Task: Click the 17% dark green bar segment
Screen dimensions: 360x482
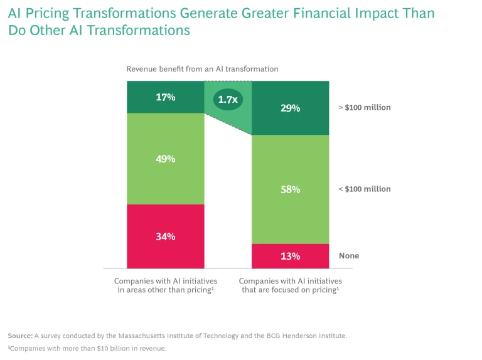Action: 166,97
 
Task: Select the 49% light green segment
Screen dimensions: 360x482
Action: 166,159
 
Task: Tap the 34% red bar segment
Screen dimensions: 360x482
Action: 166,236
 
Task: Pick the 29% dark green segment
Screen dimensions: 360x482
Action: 291,108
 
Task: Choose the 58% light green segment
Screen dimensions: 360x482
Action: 291,189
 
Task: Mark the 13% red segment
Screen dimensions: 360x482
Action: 291,256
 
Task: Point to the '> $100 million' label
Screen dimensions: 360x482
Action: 364,107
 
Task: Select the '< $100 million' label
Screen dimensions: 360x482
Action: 364,189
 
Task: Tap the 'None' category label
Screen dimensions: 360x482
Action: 349,256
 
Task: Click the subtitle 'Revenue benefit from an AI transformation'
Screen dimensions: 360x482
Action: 202,69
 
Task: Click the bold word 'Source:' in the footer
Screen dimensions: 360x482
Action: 20,336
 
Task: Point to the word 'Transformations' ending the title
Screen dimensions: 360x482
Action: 135,30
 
